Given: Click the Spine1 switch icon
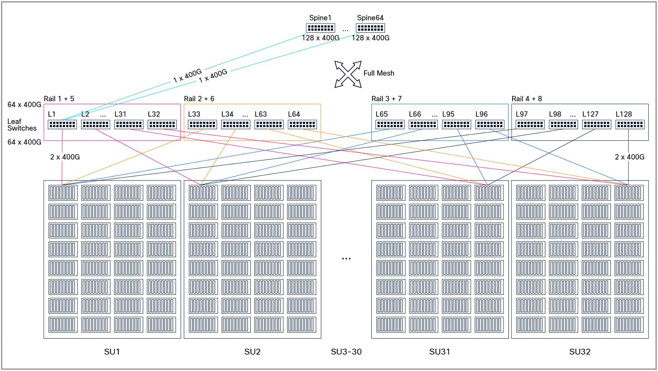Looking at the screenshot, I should point(320,28).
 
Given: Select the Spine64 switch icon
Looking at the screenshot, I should point(370,28).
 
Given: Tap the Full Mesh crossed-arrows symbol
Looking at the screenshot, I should point(348,74).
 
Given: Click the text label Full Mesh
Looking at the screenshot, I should point(379,73).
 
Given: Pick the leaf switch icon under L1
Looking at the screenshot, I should point(62,125).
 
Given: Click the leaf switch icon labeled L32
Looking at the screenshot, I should point(162,125).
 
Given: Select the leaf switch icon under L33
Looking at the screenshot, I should point(202,125).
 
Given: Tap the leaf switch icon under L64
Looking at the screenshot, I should point(302,125).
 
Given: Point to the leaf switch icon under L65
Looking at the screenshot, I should point(390,125).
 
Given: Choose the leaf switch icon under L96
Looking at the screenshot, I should point(490,125).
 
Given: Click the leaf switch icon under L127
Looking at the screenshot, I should point(597,125).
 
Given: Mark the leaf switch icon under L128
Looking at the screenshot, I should point(630,125).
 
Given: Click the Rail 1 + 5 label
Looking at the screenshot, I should point(59,99).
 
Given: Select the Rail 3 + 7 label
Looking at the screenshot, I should point(386,99).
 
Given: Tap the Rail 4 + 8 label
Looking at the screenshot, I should point(526,99).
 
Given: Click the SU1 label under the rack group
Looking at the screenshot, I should point(112,352).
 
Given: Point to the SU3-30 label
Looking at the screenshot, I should point(346,352).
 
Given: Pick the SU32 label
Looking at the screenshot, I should point(580,352).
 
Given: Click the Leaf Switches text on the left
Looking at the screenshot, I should point(22,125).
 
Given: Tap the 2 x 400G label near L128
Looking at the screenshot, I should point(630,157).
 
